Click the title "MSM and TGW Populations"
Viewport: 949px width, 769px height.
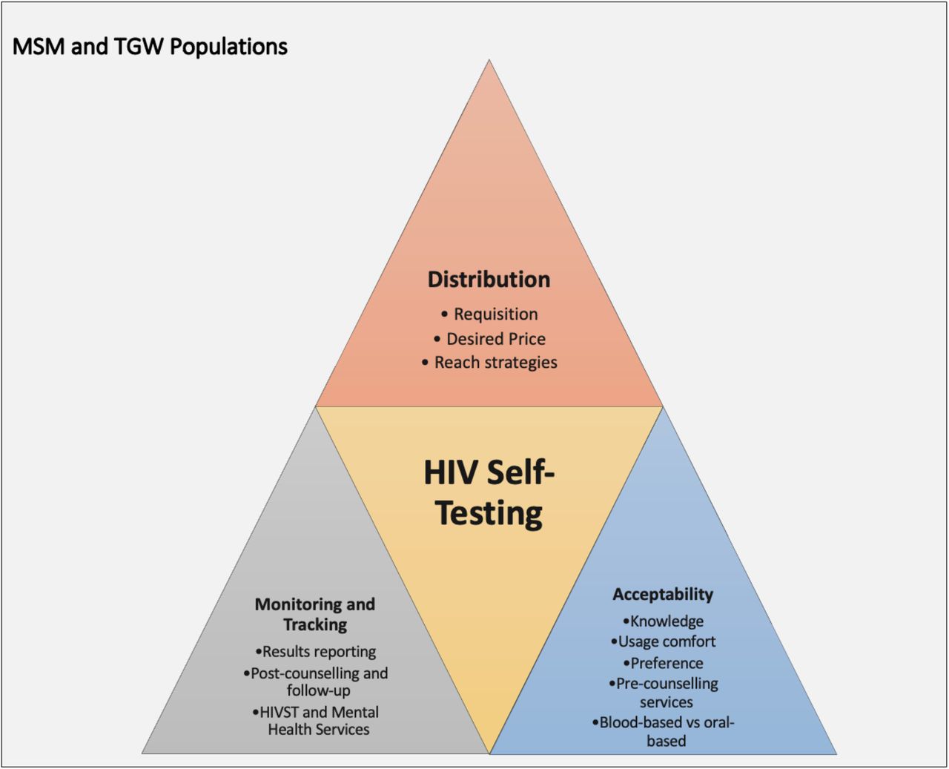point(150,47)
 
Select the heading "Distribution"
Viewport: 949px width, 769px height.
point(489,280)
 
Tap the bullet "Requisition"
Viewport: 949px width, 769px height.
point(489,314)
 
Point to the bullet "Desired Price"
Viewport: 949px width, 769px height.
point(489,339)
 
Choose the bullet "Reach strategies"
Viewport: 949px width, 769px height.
point(489,363)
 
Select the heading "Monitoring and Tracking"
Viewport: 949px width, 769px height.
point(315,615)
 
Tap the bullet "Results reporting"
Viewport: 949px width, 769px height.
point(315,652)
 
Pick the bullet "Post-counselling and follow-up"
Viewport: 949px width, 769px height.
point(315,681)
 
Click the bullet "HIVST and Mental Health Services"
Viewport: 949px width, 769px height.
point(315,721)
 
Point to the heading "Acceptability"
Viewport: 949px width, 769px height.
point(663,594)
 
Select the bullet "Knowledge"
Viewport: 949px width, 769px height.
point(663,621)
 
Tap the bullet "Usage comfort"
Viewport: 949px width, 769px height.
point(663,641)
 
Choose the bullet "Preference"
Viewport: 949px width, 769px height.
point(663,664)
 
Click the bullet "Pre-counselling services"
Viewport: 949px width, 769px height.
point(664,693)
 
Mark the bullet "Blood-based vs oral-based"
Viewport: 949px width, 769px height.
point(663,732)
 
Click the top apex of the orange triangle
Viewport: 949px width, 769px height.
point(489,60)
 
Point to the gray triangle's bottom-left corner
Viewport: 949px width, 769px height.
point(142,754)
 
